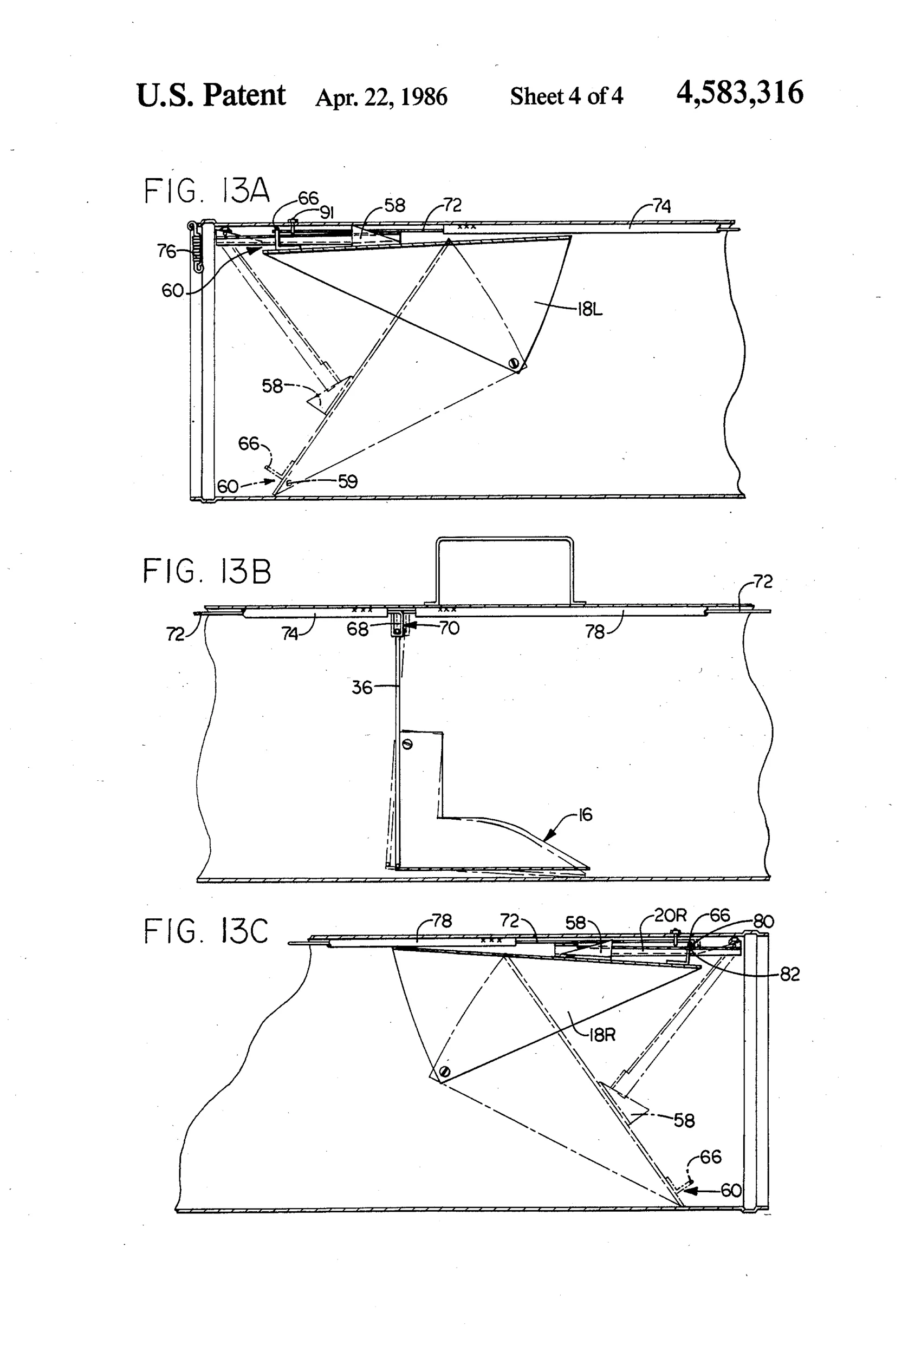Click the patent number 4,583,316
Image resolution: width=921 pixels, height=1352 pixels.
(x=740, y=93)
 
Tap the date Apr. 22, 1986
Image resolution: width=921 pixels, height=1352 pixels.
(x=381, y=96)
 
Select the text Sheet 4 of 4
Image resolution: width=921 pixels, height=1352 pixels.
(x=567, y=96)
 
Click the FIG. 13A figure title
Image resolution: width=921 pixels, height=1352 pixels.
(x=206, y=191)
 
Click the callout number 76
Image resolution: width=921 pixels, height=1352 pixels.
(x=166, y=251)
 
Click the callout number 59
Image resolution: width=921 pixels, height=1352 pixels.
(x=348, y=482)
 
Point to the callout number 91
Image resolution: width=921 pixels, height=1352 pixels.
(x=327, y=213)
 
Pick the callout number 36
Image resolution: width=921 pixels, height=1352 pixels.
(x=361, y=688)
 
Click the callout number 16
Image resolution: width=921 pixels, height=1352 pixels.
(x=585, y=814)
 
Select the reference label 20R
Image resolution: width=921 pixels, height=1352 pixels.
(x=670, y=916)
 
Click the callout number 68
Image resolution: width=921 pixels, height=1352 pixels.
(x=358, y=630)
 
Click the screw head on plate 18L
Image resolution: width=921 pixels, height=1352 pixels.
(x=513, y=363)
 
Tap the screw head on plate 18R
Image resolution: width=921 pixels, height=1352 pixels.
(x=445, y=1072)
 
